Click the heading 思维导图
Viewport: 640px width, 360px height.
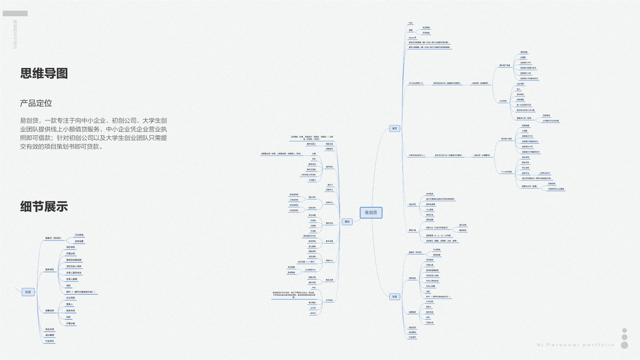(44, 73)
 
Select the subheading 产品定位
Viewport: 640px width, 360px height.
(36, 103)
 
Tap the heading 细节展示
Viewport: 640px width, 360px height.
(44, 206)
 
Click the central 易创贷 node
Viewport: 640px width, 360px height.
(371, 212)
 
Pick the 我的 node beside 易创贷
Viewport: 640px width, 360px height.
(347, 221)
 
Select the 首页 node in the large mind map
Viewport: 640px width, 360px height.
(395, 128)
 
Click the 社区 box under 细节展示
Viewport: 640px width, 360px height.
(28, 292)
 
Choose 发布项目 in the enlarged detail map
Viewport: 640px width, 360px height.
(50, 269)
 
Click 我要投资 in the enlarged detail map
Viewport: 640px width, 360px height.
(50, 310)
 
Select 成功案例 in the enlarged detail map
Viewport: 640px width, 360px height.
(50, 335)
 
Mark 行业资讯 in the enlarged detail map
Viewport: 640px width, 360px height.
(50, 341)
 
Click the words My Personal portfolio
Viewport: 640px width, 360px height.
(575, 345)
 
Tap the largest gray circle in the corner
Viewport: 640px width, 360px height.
(624, 345)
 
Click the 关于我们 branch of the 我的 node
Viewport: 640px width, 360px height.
(329, 299)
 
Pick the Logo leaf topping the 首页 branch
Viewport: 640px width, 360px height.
(410, 22)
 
